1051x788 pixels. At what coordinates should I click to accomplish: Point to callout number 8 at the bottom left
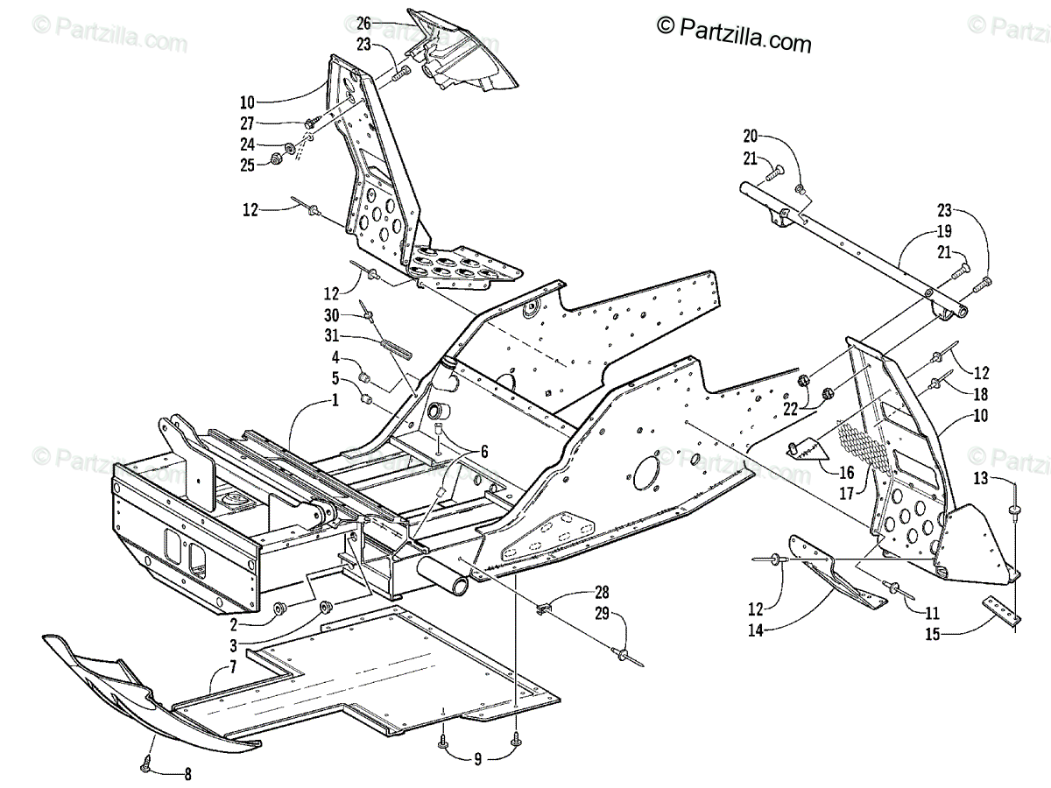point(187,773)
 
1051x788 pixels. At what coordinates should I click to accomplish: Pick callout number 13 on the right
point(980,478)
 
